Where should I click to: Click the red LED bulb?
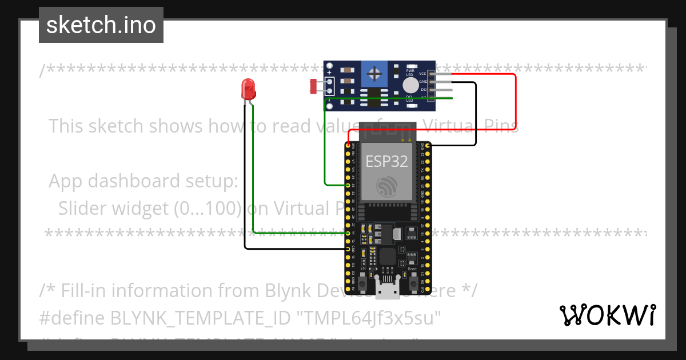coord(248,89)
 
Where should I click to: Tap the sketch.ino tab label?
coord(101,25)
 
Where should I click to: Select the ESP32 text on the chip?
coord(387,162)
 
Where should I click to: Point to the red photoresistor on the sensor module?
coord(313,86)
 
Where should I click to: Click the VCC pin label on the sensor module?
coord(422,74)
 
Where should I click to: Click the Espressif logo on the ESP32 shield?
coord(387,186)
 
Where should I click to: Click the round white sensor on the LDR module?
coord(410,86)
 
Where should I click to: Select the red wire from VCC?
coord(516,103)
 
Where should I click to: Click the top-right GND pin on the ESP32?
coord(428,146)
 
